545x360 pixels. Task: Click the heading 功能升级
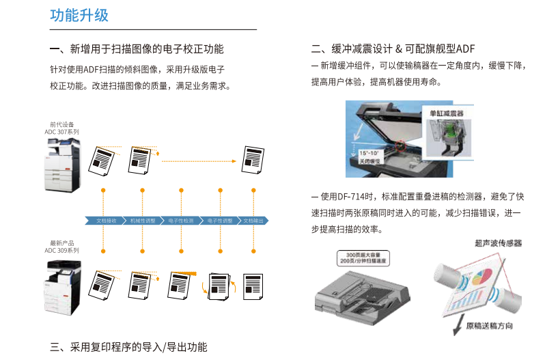click(x=79, y=15)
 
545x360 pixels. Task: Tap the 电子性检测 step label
click(x=181, y=221)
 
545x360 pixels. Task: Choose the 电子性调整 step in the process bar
click(x=220, y=221)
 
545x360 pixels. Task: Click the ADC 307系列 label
click(x=62, y=132)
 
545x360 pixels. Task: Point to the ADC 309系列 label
click(x=62, y=251)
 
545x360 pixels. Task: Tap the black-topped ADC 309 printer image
click(x=63, y=286)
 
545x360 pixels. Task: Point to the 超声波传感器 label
click(x=498, y=243)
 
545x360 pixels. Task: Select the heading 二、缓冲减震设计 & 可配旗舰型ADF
click(x=392, y=49)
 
